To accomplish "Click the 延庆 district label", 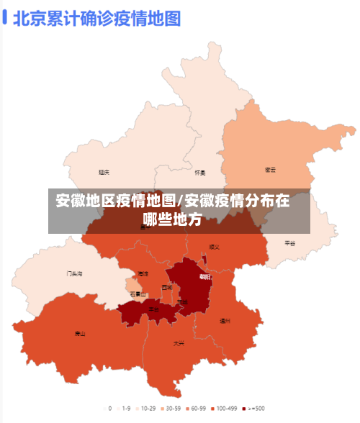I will pyautogui.click(x=104, y=173).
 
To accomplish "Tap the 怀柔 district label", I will pyautogui.click(x=200, y=173).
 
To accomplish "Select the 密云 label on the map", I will pyautogui.click(x=271, y=170).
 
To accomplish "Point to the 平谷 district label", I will pyautogui.click(x=289, y=243).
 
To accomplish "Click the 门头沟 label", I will pyautogui.click(x=75, y=273).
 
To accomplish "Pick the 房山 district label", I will pyautogui.click(x=80, y=333).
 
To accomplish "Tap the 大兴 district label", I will pyautogui.click(x=179, y=343).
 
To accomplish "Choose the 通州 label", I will pyautogui.click(x=225, y=321).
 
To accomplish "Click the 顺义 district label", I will pyautogui.click(x=214, y=247).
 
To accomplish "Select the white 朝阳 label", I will pyautogui.click(x=204, y=276).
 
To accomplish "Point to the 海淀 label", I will pyautogui.click(x=143, y=273).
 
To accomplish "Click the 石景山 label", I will pyautogui.click(x=138, y=294).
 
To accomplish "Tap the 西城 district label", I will pyautogui.click(x=167, y=287).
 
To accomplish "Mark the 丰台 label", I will pyautogui.click(x=154, y=309).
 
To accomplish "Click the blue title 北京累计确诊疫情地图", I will pyautogui.click(x=96, y=17).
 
